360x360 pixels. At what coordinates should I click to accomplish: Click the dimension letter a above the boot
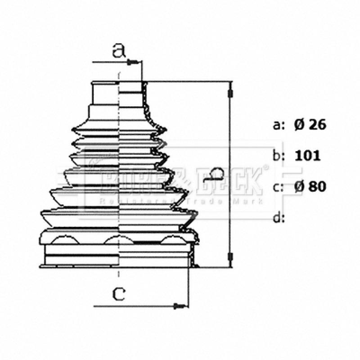[118, 51]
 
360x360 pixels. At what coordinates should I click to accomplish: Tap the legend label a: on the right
[279, 125]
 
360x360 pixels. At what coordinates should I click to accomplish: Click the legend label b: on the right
[279, 156]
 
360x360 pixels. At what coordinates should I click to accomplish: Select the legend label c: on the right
[279, 187]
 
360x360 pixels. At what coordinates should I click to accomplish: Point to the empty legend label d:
[279, 218]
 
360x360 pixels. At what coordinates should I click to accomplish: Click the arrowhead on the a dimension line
[132, 62]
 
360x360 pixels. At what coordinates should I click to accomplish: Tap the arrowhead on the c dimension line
[180, 306]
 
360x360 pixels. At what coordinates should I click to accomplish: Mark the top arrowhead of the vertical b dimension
[231, 92]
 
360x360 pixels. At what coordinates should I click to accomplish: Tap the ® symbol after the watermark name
[265, 168]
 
